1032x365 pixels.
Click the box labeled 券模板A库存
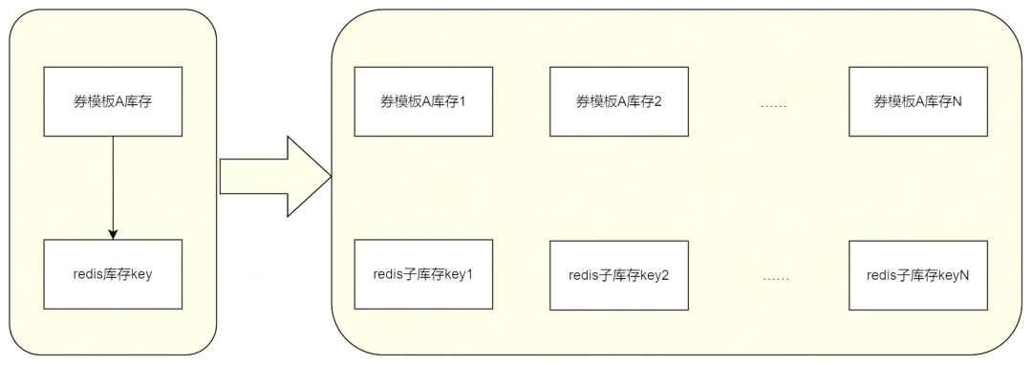pyautogui.click(x=113, y=101)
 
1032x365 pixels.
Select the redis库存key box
pyautogui.click(x=113, y=274)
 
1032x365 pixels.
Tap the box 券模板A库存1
pyautogui.click(x=423, y=101)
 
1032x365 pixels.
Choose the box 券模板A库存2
pyautogui.click(x=619, y=101)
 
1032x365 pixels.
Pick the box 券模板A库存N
pyautogui.click(x=918, y=101)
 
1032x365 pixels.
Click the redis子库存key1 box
pyautogui.click(x=423, y=274)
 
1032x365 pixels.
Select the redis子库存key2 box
pyautogui.click(x=619, y=275)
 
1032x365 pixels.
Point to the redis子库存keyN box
pyautogui.click(x=918, y=275)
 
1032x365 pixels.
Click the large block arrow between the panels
pyautogui.click(x=275, y=176)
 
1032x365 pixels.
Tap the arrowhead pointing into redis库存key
pyautogui.click(x=113, y=235)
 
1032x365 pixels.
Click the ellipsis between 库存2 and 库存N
pyautogui.click(x=774, y=105)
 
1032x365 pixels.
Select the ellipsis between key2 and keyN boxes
pyautogui.click(x=776, y=278)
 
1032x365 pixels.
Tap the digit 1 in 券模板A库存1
pyautogui.click(x=462, y=101)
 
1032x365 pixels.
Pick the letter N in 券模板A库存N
pyautogui.click(x=957, y=101)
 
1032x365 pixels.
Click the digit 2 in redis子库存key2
pyautogui.click(x=665, y=275)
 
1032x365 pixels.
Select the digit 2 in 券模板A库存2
pyautogui.click(x=658, y=101)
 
